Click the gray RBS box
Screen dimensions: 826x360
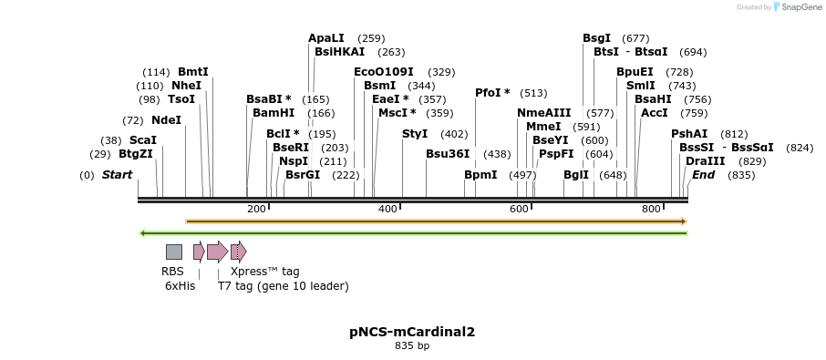[x=173, y=252]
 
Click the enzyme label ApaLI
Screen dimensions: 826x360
[x=326, y=38]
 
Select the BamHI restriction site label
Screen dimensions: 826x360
[x=274, y=113]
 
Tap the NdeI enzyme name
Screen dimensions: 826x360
[x=166, y=119]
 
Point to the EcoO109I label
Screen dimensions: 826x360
[x=384, y=71]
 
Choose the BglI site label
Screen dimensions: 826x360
[x=576, y=175]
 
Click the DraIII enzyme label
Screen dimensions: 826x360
[x=706, y=160]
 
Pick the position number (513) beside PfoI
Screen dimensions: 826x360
[x=533, y=93]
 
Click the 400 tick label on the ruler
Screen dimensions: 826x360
[x=387, y=209]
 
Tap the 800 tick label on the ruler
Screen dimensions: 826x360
[x=651, y=209]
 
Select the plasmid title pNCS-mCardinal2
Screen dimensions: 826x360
[x=412, y=332]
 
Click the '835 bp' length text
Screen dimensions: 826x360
[x=412, y=346]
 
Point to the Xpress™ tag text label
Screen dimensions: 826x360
[x=264, y=272]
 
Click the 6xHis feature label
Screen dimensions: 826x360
[x=180, y=286]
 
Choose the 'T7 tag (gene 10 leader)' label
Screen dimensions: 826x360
[x=283, y=286]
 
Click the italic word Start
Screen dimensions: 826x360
[x=117, y=175]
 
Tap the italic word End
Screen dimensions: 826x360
[x=703, y=175]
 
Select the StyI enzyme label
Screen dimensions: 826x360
[x=415, y=134]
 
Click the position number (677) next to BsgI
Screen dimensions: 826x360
[x=635, y=38]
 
